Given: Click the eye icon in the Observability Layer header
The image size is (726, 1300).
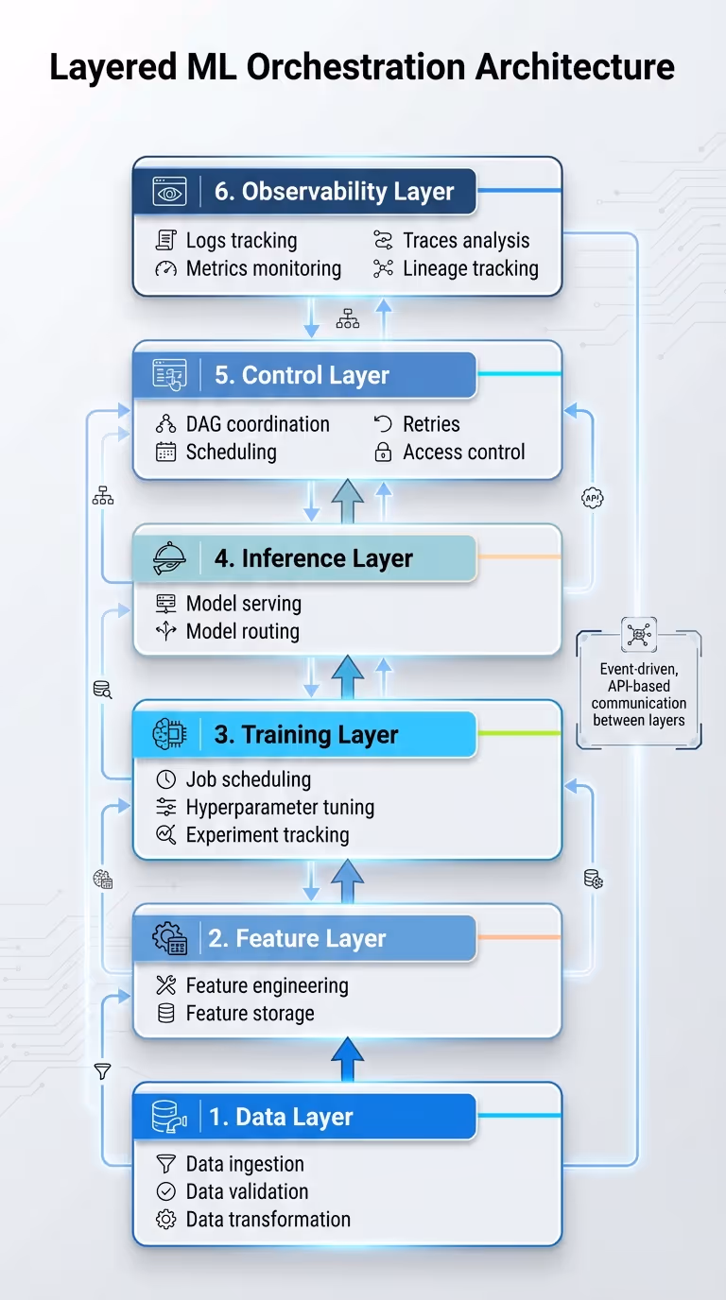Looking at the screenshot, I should [x=170, y=192].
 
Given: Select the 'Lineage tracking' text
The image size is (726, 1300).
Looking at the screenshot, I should [x=470, y=268].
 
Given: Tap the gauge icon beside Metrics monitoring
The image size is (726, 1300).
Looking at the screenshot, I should [x=165, y=268].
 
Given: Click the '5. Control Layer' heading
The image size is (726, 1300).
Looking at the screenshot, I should [x=302, y=375].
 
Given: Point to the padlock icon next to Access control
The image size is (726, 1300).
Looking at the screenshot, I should [x=383, y=453].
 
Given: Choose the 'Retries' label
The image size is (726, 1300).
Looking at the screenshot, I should [x=431, y=424].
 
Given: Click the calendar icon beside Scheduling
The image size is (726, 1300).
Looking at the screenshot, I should [x=165, y=452].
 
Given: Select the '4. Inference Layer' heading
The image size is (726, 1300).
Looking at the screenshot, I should [x=313, y=558].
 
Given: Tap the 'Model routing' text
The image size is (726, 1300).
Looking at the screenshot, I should [x=242, y=631].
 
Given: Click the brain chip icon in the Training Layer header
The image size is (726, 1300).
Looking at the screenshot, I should [x=170, y=735].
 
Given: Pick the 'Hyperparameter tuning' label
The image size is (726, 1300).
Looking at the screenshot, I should [x=280, y=807].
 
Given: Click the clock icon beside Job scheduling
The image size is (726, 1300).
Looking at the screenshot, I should [x=165, y=779].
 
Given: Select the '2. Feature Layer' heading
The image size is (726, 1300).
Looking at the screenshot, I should [x=297, y=938].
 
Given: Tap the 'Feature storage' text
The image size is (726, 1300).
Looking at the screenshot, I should [x=250, y=1013].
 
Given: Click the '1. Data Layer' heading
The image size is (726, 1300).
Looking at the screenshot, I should [x=281, y=1117].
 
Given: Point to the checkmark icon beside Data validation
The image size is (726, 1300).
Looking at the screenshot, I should [x=165, y=1191].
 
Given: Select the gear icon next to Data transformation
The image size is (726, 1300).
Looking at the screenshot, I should [x=165, y=1220].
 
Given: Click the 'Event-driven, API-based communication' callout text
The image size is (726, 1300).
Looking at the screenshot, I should [x=639, y=694].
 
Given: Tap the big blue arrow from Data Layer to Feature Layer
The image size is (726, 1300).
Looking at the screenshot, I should [x=347, y=1059].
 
